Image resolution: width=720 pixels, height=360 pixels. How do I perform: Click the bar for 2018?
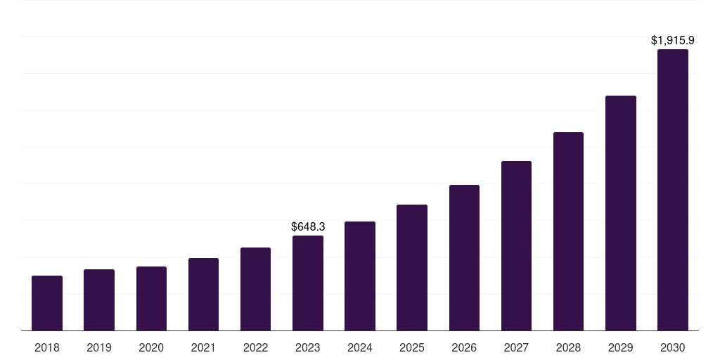47,303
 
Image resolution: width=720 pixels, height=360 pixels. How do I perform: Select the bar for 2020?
151,299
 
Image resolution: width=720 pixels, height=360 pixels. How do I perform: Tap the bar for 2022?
255,289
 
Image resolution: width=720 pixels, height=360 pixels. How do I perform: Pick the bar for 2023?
308,283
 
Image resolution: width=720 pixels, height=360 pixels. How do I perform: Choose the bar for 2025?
412,268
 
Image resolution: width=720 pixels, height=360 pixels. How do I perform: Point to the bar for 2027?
516,246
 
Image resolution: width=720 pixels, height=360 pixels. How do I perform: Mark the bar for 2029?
620,213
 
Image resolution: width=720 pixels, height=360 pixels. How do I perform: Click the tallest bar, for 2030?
672,190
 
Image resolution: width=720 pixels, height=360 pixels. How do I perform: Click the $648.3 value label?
308,226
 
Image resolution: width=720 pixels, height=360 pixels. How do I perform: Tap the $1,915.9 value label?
672,41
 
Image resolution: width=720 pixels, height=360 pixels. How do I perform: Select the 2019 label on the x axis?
99,347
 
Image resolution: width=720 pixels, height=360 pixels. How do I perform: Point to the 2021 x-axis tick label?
203,347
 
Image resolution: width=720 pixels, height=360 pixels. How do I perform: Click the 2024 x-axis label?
360,347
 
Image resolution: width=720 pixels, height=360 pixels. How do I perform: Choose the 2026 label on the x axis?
464,347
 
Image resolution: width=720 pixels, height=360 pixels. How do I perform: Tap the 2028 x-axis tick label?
568,347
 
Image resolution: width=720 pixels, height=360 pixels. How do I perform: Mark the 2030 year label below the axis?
672,347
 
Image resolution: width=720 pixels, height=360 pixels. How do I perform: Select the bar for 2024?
360,276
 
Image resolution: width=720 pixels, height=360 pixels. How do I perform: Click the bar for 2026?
464,258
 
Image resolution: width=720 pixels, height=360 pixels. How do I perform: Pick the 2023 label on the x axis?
308,347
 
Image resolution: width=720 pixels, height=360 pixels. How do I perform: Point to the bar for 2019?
99,300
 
